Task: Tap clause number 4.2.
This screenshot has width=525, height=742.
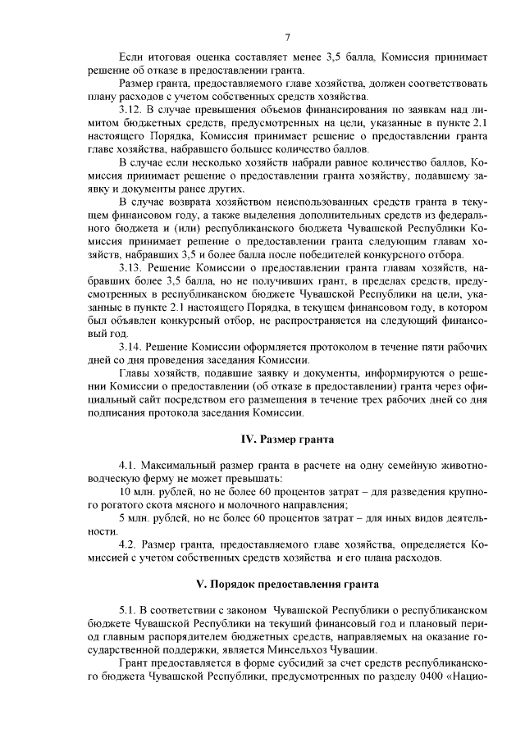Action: (128, 545)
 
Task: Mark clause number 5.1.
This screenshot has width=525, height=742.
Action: (128, 611)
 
